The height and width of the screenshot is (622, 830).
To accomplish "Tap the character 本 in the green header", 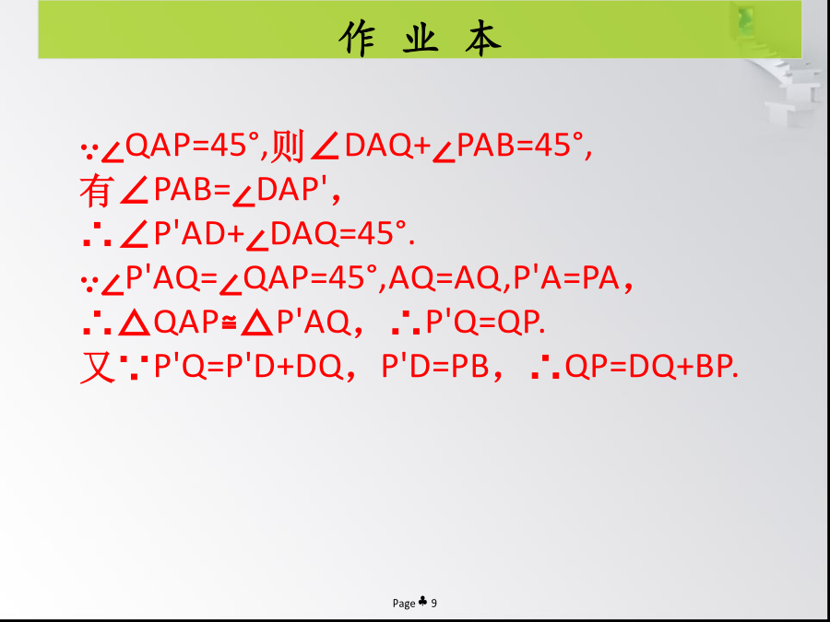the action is tap(482, 38).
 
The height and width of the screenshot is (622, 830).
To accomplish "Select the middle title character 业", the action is tap(421, 38).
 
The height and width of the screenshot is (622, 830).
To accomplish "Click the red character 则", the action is tap(287, 145).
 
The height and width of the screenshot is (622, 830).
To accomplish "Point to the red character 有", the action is tap(95, 191).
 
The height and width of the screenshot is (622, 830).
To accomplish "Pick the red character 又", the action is tap(98, 367).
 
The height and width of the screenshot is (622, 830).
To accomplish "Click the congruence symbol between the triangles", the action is tap(229, 323).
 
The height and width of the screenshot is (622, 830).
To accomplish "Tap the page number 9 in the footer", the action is tap(434, 603).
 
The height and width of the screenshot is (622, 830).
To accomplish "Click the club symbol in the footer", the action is tap(422, 602).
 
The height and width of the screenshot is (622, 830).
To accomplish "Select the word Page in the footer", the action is tap(404, 604).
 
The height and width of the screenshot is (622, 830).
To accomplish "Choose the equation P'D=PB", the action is tap(434, 367).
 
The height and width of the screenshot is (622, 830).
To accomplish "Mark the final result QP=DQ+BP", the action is tap(651, 367).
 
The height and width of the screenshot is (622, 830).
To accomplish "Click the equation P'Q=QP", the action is tap(485, 323).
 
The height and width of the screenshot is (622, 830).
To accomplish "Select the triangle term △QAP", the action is tap(169, 323).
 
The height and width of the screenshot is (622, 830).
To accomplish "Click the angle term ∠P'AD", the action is tap(173, 235).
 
